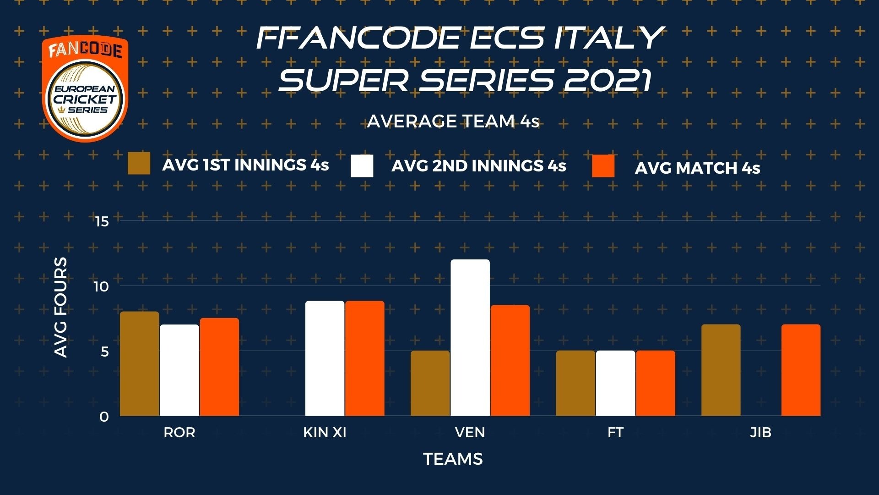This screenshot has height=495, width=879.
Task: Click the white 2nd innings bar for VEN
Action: pyautogui.click(x=470, y=338)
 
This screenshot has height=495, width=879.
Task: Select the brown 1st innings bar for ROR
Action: pyautogui.click(x=140, y=364)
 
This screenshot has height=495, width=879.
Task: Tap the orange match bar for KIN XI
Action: pyautogui.click(x=365, y=358)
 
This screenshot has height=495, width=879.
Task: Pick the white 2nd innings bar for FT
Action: pyautogui.click(x=616, y=383)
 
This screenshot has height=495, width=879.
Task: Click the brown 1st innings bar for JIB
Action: pyautogui.click(x=721, y=370)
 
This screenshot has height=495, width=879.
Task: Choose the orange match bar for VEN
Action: pyautogui.click(x=510, y=361)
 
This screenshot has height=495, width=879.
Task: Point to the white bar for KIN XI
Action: pyautogui.click(x=325, y=358)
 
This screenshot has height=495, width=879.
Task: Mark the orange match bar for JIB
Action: pyautogui.click(x=801, y=370)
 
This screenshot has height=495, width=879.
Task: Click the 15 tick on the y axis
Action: pyautogui.click(x=101, y=222)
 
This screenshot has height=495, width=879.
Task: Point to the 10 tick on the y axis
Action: pyautogui.click(x=101, y=287)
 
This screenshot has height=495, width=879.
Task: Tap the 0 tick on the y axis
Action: pyautogui.click(x=104, y=417)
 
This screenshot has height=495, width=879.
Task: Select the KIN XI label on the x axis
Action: pyautogui.click(x=325, y=432)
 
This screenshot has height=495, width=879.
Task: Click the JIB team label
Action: pyautogui.click(x=761, y=432)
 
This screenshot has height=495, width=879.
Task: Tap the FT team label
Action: pyautogui.click(x=616, y=432)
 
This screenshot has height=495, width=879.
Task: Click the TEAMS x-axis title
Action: pyautogui.click(x=453, y=459)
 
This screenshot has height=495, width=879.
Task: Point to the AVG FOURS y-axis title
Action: pyautogui.click(x=61, y=307)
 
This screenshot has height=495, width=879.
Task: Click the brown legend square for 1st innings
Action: pyautogui.click(x=139, y=164)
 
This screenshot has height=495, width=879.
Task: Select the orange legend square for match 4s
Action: pyautogui.click(x=603, y=166)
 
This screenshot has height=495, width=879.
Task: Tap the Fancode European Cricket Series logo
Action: pyautogui.click(x=86, y=88)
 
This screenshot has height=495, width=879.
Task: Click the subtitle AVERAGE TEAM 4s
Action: pyautogui.click(x=453, y=121)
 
